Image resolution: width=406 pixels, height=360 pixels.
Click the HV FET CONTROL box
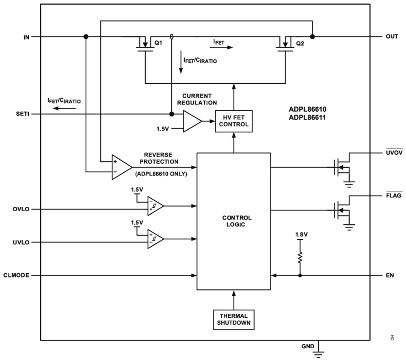233,121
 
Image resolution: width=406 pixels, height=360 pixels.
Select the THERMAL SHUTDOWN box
233,319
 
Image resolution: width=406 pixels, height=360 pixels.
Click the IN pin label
26,37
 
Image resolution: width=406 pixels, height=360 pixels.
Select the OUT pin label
392,37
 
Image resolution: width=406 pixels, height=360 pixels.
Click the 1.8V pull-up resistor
300,258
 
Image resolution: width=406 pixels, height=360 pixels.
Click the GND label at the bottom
307,346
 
